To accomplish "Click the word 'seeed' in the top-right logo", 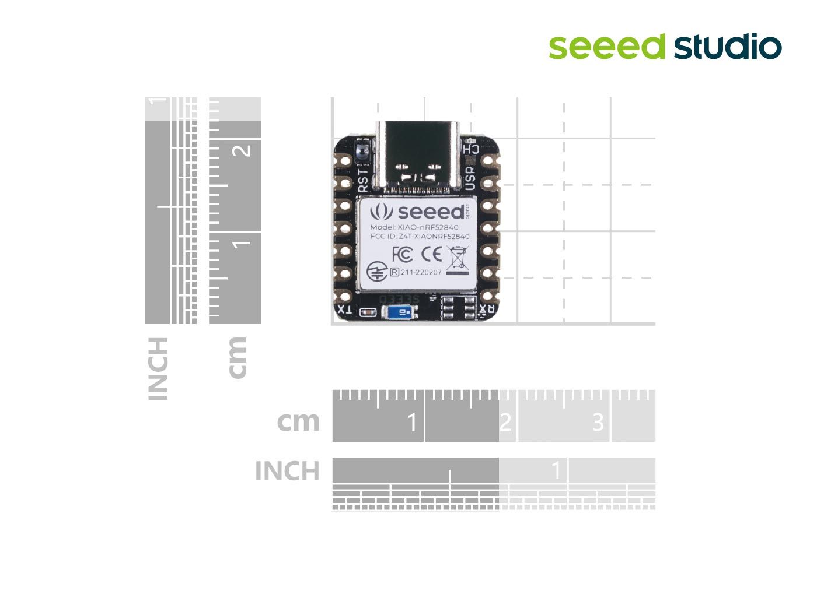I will coord(607,47).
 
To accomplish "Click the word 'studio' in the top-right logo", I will coord(728,47).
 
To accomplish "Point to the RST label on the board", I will coord(363,181).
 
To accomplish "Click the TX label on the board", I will coord(345,309).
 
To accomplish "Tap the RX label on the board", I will coord(487,309).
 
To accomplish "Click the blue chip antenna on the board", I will coord(399,312).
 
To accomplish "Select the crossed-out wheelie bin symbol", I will coord(458,260).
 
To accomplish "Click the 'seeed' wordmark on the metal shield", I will coord(431,212).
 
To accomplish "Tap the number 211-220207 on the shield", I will coord(421,272).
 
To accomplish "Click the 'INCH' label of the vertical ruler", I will coord(159,368).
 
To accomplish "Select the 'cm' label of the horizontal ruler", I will coord(298,421).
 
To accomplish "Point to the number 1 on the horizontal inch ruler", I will coord(557,470).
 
